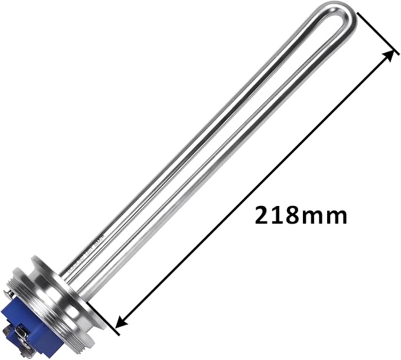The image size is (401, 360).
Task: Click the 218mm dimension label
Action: pyautogui.click(x=301, y=215)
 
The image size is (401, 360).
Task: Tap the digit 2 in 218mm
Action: pyautogui.click(x=263, y=215)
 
